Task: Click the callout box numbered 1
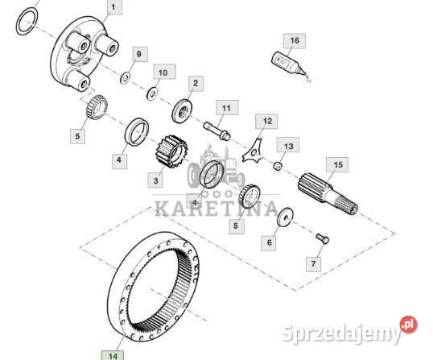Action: tap(114, 6)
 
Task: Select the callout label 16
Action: tap(295, 40)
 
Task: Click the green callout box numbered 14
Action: tap(113, 355)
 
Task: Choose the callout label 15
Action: tap(337, 164)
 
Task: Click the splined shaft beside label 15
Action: tap(328, 192)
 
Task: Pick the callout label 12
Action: tap(266, 122)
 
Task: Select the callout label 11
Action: tap(227, 107)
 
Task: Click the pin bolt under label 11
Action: tap(216, 131)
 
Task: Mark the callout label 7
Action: tap(313, 264)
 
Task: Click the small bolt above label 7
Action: tap(323, 238)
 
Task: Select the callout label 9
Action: tap(140, 54)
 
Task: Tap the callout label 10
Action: tap(164, 72)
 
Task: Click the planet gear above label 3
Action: tap(171, 151)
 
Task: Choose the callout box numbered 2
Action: tap(196, 84)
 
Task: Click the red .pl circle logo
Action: tap(408, 324)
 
